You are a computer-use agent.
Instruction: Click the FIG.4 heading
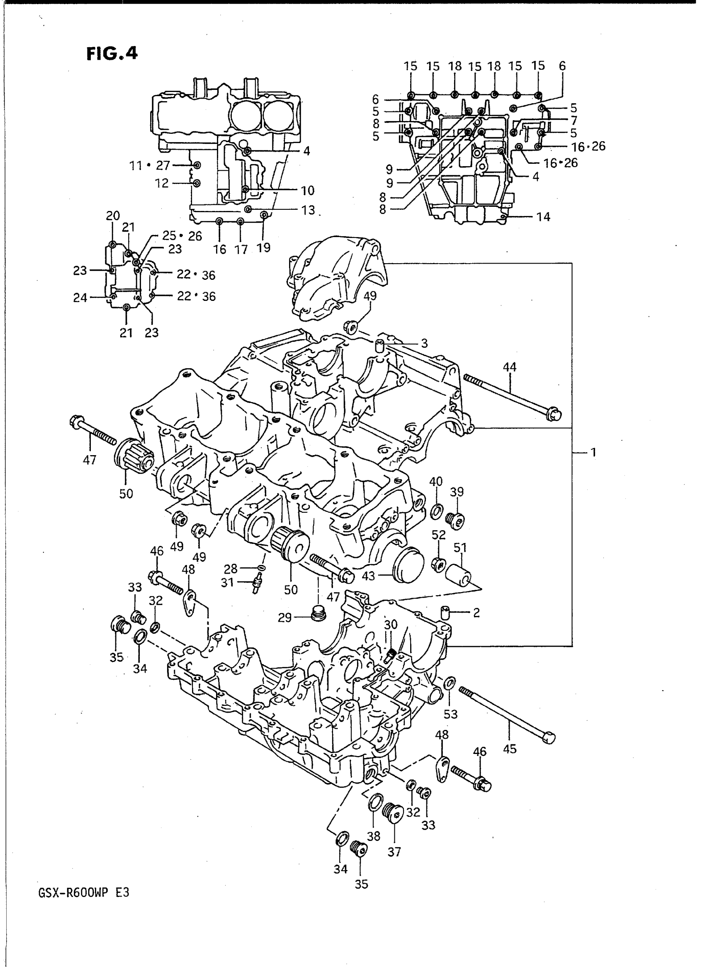112,54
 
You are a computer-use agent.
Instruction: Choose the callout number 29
284,617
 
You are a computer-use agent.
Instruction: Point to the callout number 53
451,714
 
